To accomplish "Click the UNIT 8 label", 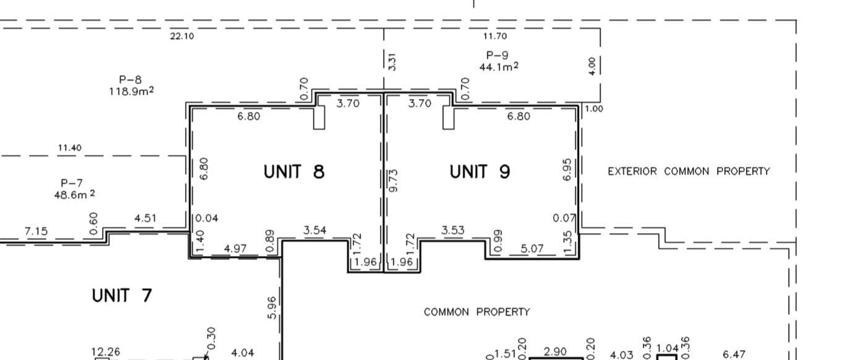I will point(294,171).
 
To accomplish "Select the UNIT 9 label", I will point(479,171).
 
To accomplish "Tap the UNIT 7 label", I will point(122,296).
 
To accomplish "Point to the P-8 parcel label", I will point(131,79).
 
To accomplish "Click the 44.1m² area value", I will point(498,66).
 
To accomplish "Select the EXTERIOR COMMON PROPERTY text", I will point(689,171).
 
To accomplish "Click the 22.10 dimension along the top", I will point(182,36).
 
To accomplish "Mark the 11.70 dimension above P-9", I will point(495,36).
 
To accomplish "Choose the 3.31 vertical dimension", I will point(392,61).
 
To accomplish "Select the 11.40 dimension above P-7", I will point(69,148).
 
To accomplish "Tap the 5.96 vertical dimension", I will point(273,307).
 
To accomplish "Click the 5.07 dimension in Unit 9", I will point(532,249).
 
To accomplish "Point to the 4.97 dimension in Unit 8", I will point(235,249).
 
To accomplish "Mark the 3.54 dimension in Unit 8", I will point(315,231).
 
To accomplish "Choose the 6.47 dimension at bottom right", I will point(734,354).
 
